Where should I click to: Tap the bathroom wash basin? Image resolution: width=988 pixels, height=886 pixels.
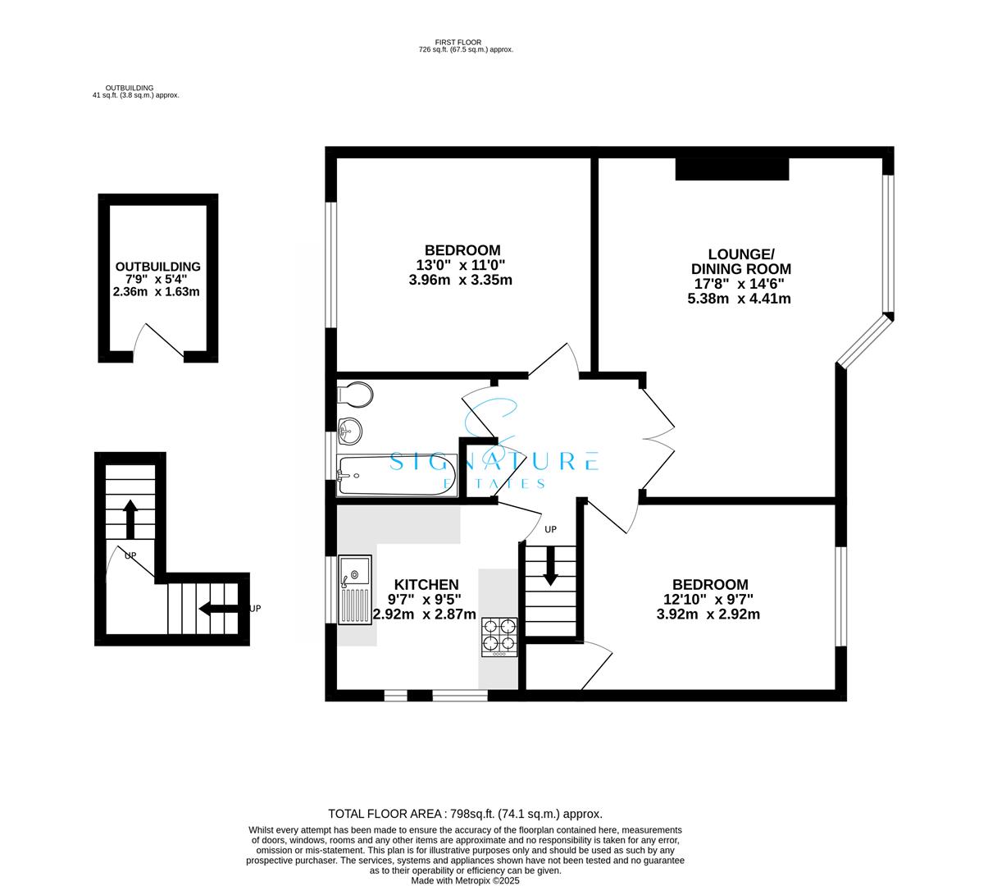(x=349, y=428)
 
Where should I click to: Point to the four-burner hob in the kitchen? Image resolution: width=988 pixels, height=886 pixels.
(x=499, y=637)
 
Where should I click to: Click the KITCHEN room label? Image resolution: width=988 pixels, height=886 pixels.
(x=424, y=585)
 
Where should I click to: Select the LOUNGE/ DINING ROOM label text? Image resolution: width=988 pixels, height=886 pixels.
(x=740, y=262)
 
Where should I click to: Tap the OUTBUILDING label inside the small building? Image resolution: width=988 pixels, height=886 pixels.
(x=157, y=267)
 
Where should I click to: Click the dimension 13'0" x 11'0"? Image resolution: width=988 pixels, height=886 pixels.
(x=461, y=265)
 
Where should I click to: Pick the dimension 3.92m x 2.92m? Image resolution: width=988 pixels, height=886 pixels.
(x=708, y=614)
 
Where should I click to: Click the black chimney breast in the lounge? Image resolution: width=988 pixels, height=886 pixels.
(x=731, y=168)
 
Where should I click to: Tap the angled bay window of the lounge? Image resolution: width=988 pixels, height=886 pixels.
(x=864, y=340)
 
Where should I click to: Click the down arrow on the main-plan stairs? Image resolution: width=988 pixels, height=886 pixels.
(x=550, y=566)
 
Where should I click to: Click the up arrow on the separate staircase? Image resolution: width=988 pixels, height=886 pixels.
(x=130, y=518)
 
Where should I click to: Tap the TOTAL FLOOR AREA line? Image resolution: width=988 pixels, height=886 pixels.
(x=465, y=814)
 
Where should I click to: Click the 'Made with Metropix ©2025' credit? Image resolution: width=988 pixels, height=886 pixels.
(x=465, y=881)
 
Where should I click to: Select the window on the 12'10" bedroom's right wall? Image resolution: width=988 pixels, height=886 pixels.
(x=840, y=596)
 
